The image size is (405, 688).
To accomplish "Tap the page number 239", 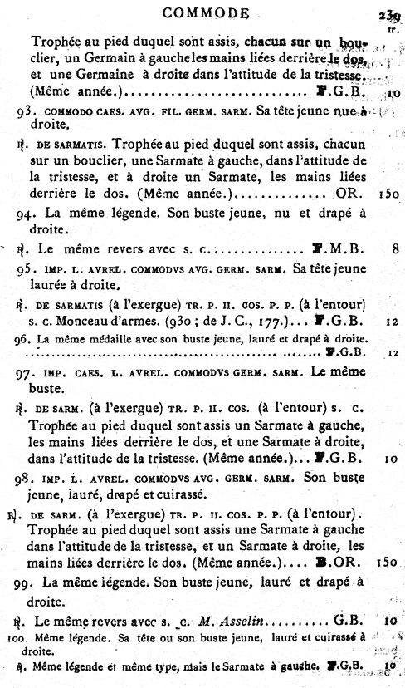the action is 388,14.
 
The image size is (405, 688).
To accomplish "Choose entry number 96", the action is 22,339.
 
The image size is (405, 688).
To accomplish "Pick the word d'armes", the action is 149,320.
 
